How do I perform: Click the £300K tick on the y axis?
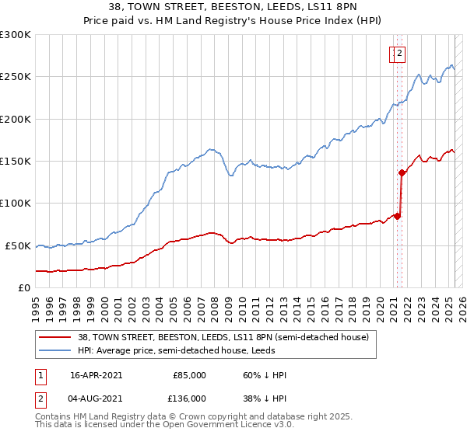16,35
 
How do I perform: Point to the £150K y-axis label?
16,161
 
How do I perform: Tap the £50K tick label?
18,245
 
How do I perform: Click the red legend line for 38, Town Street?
54,337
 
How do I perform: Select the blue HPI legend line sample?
54,350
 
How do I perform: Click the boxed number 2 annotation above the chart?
399,54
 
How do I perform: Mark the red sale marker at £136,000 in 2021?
402,172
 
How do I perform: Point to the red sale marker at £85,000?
398,216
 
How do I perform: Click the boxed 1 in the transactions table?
40,376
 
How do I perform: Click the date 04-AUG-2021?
96,398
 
